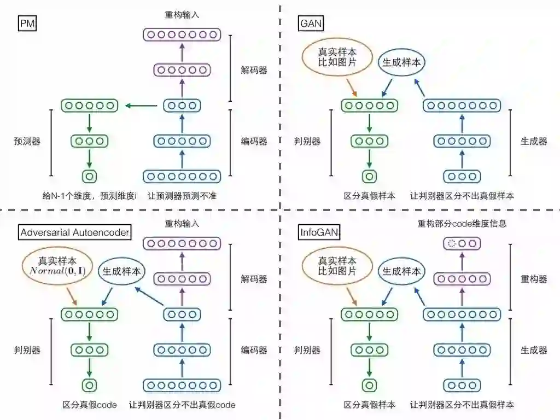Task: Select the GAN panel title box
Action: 312,24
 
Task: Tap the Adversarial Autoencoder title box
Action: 75,232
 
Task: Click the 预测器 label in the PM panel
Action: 26,141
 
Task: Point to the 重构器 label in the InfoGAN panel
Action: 534,279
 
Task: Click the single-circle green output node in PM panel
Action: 89,176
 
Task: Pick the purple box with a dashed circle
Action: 461,244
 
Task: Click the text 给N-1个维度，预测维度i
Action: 90,196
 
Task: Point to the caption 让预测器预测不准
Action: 182,196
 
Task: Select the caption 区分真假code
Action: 90,405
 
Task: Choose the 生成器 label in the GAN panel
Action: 534,141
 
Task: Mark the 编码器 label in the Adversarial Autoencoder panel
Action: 254,350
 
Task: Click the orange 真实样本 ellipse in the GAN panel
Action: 337,57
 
